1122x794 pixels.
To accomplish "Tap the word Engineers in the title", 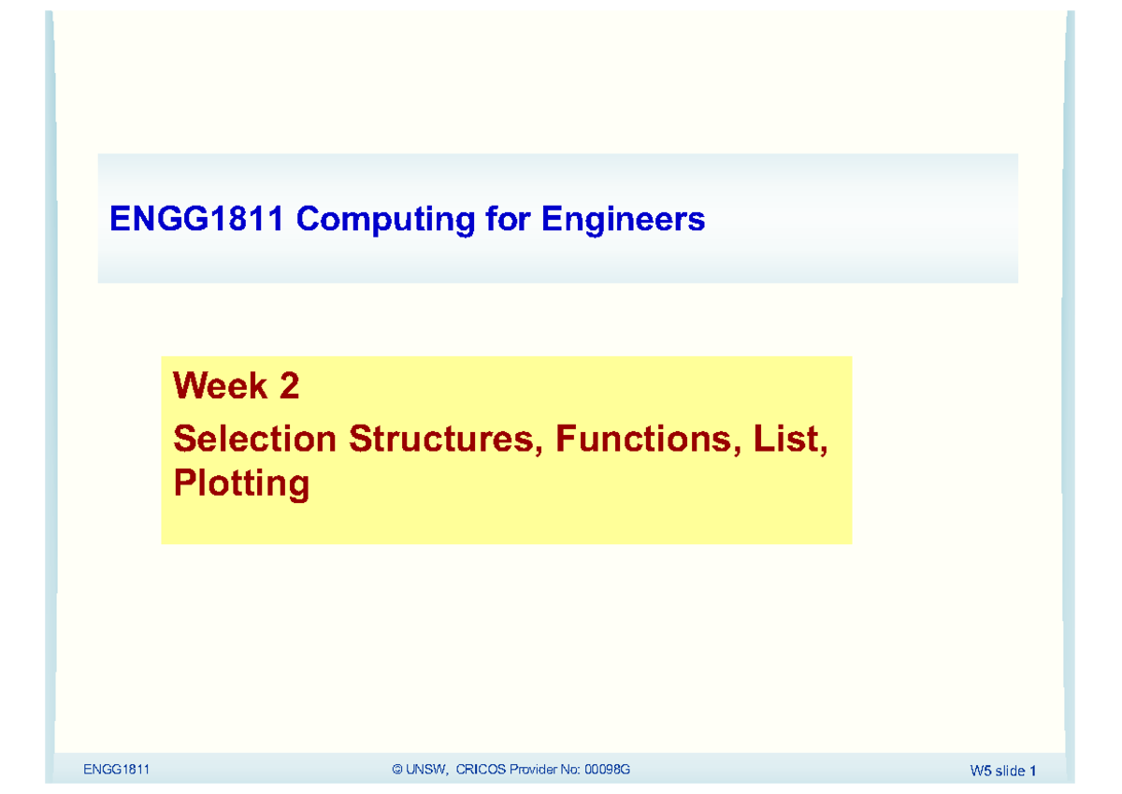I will (x=622, y=221).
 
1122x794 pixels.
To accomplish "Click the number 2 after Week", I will (x=289, y=385).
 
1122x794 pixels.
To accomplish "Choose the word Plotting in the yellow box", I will (x=241, y=484).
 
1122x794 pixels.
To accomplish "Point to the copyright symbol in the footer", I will (x=397, y=770).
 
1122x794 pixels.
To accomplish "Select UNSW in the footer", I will (x=426, y=770).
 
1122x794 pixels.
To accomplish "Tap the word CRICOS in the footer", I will (x=482, y=770).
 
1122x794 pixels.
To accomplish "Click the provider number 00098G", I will (x=607, y=770).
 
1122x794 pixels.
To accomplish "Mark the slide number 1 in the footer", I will (x=1033, y=772).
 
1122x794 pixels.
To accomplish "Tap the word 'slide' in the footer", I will (x=1010, y=772).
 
